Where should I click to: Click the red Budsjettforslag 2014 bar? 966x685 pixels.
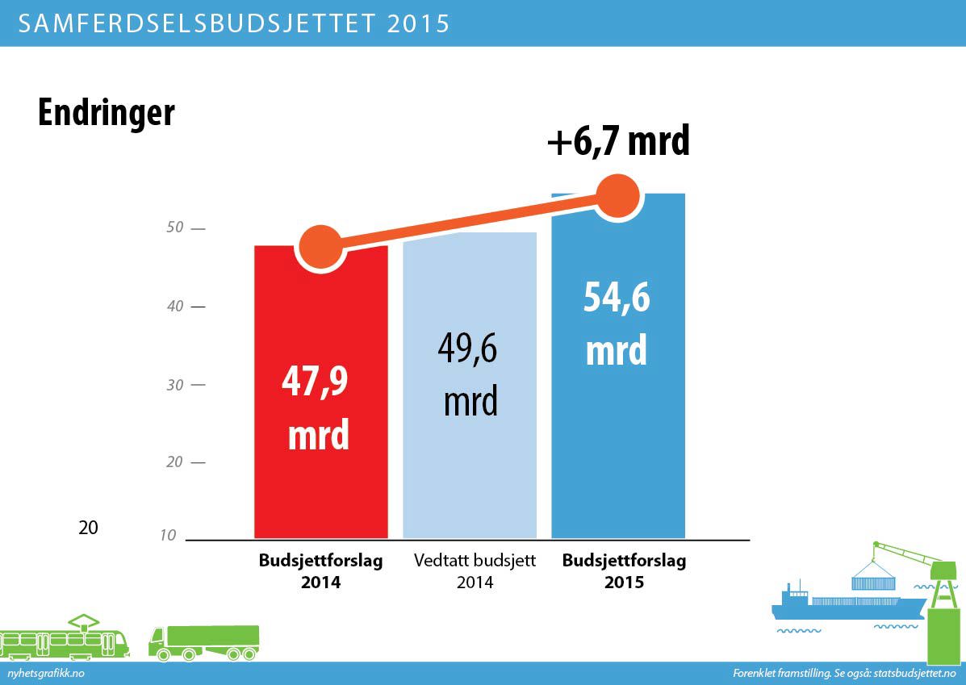click(x=321, y=484)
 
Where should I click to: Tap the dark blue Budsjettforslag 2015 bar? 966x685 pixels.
click(x=618, y=452)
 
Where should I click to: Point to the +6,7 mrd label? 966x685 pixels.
click(x=618, y=142)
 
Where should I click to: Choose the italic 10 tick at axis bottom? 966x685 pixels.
click(x=169, y=535)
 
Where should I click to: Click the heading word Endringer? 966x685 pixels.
click(x=106, y=113)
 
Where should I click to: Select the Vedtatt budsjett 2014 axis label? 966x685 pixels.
click(x=475, y=571)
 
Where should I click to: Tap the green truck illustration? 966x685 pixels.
click(x=203, y=640)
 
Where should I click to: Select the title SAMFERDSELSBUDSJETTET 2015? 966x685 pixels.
click(x=233, y=23)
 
